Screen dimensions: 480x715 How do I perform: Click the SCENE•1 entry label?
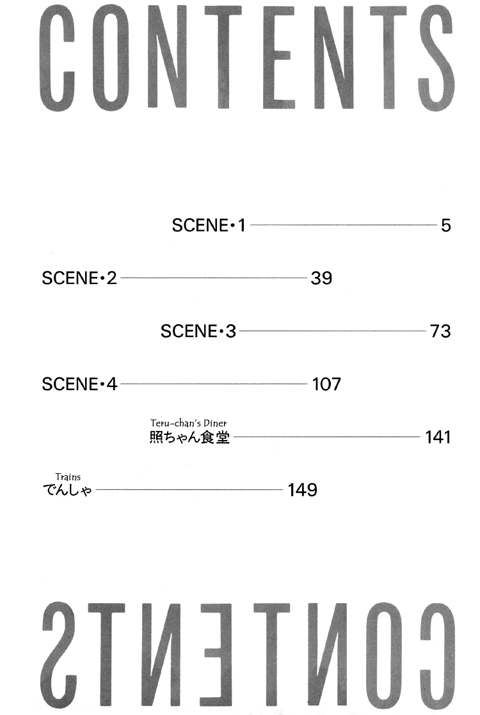209,225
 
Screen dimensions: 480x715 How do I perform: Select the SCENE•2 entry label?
79,278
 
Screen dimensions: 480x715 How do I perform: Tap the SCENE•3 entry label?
198,331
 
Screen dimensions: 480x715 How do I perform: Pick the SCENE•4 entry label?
80,384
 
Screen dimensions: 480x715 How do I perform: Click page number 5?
446,225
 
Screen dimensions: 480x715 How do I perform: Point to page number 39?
321,278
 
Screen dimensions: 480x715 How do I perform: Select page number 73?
440,331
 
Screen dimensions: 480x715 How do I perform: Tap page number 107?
326,384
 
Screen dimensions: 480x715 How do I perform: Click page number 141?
438,437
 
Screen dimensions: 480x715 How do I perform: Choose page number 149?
303,490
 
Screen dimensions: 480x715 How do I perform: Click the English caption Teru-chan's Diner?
188,423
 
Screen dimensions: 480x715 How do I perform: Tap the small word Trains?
68,477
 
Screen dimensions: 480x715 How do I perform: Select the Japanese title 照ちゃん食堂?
189,437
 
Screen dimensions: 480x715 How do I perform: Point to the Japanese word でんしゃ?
67,490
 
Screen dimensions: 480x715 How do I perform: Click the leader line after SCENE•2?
214,278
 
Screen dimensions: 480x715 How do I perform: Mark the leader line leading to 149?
190,489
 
